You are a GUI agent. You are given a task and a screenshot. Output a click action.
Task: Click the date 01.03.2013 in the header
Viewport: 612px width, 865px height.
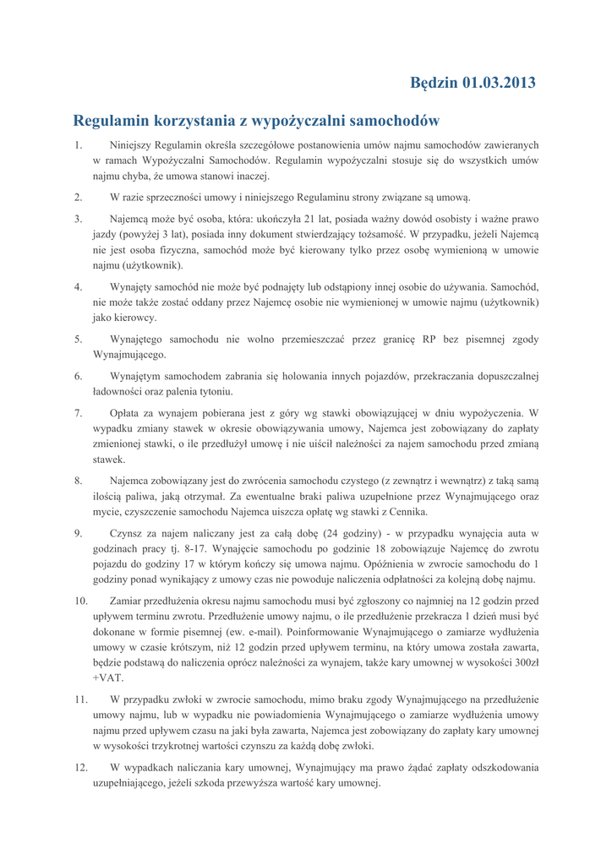point(499,83)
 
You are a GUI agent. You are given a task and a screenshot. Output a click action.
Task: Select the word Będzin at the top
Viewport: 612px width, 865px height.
point(434,83)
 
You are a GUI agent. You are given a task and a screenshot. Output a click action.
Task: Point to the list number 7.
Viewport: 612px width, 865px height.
point(78,413)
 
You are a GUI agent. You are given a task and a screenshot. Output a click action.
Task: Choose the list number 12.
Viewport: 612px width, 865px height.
point(81,768)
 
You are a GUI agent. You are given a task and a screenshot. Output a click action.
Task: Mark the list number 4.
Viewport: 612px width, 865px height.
point(78,286)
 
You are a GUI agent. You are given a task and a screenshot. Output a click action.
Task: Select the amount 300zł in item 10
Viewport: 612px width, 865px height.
point(524,662)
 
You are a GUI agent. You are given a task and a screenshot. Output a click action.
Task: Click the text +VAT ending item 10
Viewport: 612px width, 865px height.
point(107,678)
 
